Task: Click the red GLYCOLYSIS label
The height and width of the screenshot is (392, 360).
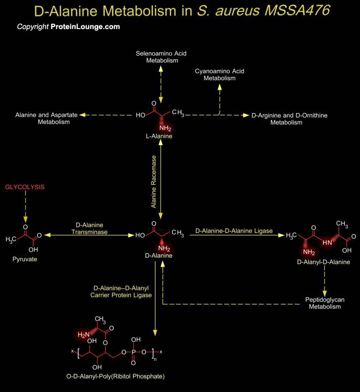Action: tap(25, 187)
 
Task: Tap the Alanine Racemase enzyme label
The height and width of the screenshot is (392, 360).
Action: tap(154, 182)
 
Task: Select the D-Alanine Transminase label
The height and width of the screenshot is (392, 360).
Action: tap(90, 228)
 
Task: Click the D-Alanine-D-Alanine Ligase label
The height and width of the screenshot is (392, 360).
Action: tap(234, 231)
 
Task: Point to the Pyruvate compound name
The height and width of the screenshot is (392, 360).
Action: tap(25, 259)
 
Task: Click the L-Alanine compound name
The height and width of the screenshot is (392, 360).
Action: tap(159, 136)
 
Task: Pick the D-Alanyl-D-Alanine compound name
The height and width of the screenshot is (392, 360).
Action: tap(324, 262)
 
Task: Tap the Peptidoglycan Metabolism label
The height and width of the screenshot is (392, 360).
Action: tap(325, 303)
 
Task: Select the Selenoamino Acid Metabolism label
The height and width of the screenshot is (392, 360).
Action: tap(161, 57)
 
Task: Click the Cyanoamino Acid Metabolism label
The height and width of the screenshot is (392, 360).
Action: tap(219, 75)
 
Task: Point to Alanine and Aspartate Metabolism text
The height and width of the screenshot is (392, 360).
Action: tap(47, 119)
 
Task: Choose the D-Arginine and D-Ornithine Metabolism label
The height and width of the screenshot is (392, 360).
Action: tap(289, 119)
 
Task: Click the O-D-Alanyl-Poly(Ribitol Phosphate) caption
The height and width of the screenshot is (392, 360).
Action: tap(115, 376)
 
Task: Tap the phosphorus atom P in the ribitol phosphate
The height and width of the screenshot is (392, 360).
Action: tap(133, 352)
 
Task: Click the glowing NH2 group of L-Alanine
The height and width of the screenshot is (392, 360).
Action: tap(165, 128)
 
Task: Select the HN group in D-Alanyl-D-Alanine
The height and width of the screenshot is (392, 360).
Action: tap(327, 242)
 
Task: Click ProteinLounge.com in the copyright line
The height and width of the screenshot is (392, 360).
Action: tap(85, 27)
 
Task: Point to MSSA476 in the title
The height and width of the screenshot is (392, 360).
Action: tap(297, 11)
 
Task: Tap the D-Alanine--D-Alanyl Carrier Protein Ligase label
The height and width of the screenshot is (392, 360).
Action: tap(121, 292)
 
